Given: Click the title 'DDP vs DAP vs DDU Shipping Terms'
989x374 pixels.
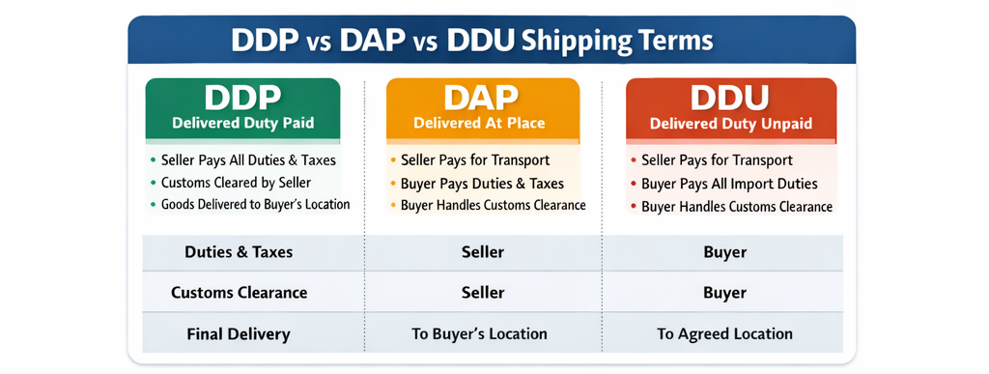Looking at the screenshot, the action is pos(472,41).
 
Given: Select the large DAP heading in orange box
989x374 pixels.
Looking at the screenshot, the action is pos(481,98).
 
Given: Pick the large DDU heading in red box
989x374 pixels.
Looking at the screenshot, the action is pos(730,98).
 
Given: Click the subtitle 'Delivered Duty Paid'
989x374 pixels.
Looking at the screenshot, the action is pos(242,123).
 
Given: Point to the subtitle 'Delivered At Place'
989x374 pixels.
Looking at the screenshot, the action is pos(479,123).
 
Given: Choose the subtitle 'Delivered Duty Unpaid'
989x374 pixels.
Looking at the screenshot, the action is pos(730,123).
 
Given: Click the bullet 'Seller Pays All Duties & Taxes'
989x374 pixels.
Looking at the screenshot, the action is pos(248,160).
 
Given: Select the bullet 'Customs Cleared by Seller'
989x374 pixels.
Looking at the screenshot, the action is pos(236,183).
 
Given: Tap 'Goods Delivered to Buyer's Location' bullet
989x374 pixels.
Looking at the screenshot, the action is pos(255,204).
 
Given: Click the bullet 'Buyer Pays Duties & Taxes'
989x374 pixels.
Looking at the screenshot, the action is pos(483,184).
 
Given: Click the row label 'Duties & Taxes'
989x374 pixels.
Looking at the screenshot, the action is pos(239,252).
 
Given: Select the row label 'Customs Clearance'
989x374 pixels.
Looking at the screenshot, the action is pos(240,293).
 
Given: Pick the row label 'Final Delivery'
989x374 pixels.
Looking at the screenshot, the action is pos(239,333).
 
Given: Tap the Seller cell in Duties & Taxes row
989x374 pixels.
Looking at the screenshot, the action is pos(483,252).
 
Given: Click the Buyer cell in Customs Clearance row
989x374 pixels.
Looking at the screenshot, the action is pos(725,293).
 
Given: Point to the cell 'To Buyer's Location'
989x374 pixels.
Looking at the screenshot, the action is pos(479,333).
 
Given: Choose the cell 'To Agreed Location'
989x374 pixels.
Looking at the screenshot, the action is pos(724,333).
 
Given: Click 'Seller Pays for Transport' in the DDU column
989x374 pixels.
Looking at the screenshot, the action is pos(718,160).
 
